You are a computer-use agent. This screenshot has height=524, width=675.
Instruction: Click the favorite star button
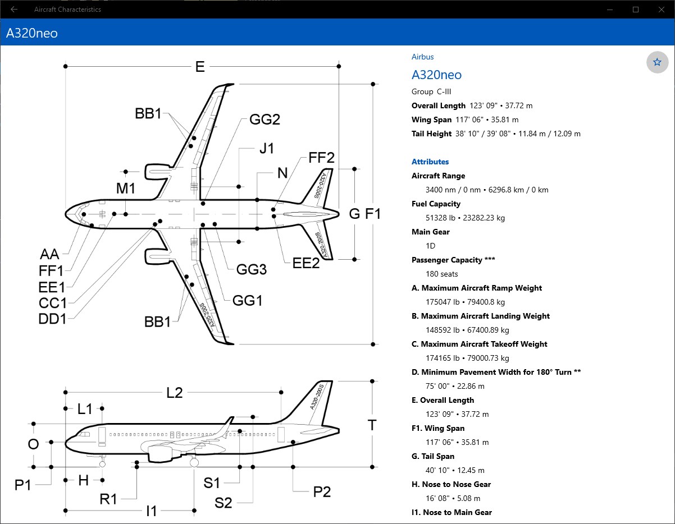point(657,62)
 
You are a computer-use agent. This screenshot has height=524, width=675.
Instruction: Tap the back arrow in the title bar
point(14,10)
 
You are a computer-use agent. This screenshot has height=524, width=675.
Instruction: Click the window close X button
point(662,10)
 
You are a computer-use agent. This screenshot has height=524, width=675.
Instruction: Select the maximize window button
point(636,10)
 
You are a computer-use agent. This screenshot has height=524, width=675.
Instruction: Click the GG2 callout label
point(264,119)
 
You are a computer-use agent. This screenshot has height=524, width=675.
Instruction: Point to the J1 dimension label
point(267,148)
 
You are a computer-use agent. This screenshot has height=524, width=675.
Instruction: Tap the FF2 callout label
point(321,158)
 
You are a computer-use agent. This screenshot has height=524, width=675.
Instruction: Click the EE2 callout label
point(305,263)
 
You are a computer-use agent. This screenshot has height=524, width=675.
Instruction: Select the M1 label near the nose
point(125,189)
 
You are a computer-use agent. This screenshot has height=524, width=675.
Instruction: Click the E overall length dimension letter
point(200,67)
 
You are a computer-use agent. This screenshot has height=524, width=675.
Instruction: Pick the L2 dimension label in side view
point(174,393)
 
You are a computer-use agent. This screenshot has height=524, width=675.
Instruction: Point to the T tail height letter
point(372,425)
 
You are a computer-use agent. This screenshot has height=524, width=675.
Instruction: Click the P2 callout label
point(322,491)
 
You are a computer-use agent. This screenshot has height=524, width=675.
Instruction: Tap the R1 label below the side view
point(108,499)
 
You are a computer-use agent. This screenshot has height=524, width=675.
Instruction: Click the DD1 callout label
point(52,319)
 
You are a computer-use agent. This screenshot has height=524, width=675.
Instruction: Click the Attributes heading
point(430,162)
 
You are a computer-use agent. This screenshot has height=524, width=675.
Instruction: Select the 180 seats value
point(441,274)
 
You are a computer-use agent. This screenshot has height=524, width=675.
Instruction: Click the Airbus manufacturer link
point(422,57)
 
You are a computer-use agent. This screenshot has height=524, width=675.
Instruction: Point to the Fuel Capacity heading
point(436,204)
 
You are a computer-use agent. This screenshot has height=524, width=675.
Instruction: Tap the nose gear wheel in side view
point(102,464)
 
